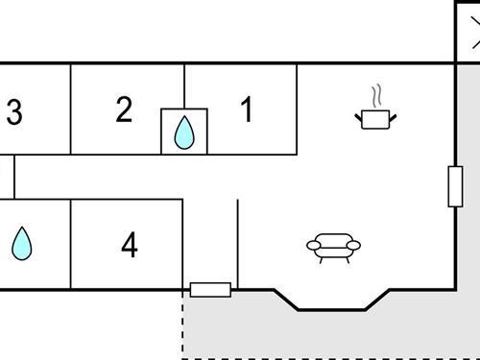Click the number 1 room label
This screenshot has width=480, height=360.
click(247, 109)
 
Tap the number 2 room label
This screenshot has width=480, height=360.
click(124, 109)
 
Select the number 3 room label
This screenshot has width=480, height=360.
click(13, 113)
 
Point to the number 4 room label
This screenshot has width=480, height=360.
click(130, 246)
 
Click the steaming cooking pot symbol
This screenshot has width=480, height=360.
click(375, 117)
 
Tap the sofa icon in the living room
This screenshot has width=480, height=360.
click(333, 247)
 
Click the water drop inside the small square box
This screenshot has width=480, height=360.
click(183, 133)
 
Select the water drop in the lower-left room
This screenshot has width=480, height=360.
click(21, 243)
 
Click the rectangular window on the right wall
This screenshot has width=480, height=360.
click(455, 185)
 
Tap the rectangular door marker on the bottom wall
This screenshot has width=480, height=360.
click(210, 289)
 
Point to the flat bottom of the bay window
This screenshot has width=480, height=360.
click(331, 309)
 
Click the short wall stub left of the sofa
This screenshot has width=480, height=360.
click(237, 244)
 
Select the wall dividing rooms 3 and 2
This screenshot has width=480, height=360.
click(71, 108)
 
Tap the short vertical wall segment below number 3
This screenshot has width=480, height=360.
click(13, 177)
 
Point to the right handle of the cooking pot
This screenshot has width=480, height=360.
click(393, 116)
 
